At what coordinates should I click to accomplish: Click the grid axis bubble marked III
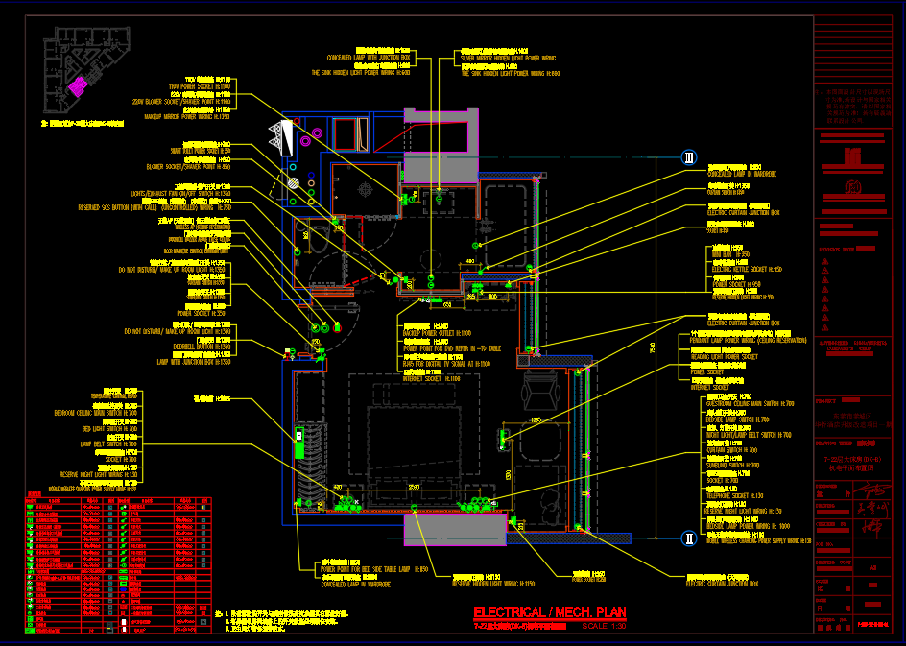pyautogui.click(x=688, y=157)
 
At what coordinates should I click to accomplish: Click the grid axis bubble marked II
pyautogui.click(x=688, y=538)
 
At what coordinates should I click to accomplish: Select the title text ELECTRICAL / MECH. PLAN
pyautogui.click(x=550, y=612)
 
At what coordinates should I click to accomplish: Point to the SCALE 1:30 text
pyautogui.click(x=602, y=627)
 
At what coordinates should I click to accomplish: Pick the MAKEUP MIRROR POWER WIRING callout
pyautogui.click(x=187, y=116)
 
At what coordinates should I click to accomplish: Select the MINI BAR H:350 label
pyautogui.click(x=730, y=255)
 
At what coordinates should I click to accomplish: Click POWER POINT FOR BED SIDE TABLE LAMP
pyautogui.click(x=374, y=569)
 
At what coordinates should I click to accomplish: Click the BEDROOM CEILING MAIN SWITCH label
pyautogui.click(x=95, y=412)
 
